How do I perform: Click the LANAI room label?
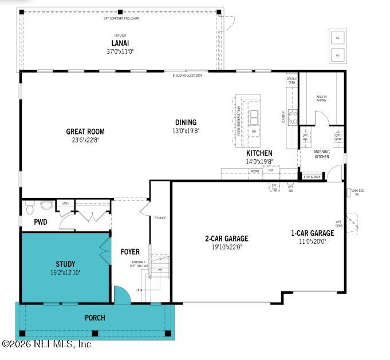(x=119, y=43)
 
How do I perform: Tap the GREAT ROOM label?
(x=85, y=132)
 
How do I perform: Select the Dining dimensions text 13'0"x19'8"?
(x=186, y=130)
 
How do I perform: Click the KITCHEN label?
(x=259, y=153)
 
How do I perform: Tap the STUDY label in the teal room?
(x=65, y=264)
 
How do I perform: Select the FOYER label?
(x=130, y=252)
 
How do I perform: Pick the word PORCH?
(x=94, y=318)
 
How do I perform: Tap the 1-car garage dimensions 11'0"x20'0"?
(x=312, y=242)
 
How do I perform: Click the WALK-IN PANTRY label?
(x=322, y=99)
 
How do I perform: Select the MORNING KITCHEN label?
(x=321, y=155)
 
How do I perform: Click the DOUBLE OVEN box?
(x=291, y=81)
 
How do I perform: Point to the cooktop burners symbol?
(x=293, y=117)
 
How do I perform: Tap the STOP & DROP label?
(x=312, y=177)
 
